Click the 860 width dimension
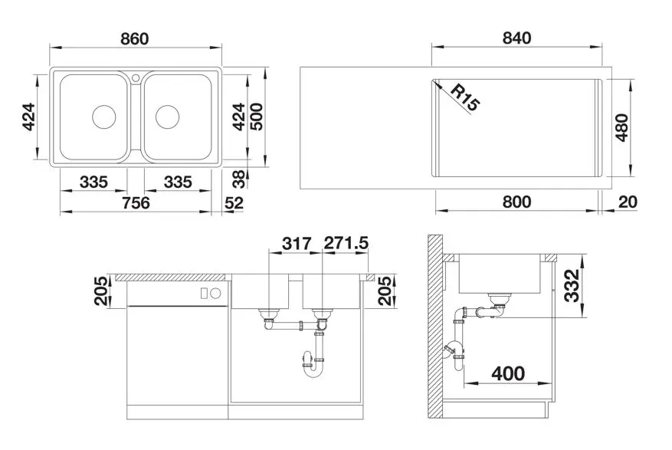[x=135, y=38]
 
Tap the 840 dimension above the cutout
[x=516, y=38]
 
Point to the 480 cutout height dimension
[x=621, y=127]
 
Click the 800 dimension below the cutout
[x=517, y=202]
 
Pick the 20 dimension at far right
[x=628, y=202]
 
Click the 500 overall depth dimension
[x=256, y=117]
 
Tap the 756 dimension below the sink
[x=136, y=202]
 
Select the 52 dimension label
[x=234, y=202]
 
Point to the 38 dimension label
[x=239, y=179]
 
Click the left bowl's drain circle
[x=104, y=117]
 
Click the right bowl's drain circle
[x=167, y=117]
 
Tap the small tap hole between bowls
[x=136, y=77]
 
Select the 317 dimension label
[x=297, y=244]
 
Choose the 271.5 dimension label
[x=346, y=243]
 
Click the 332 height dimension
[x=572, y=286]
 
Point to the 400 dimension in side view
[x=508, y=373]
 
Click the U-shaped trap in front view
[x=313, y=369]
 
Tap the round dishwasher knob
[x=216, y=294]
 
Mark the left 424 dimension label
[x=28, y=117]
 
